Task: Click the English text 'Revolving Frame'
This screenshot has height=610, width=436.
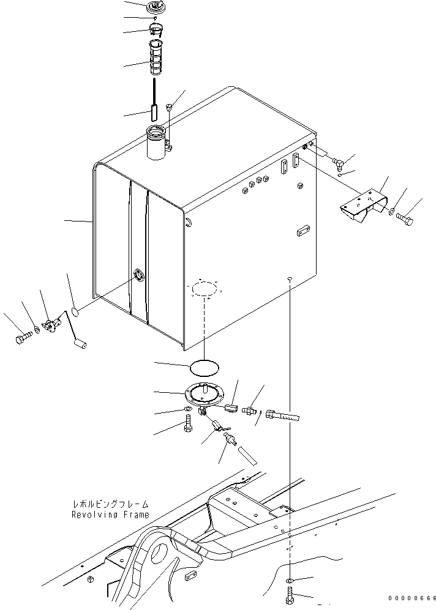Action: (110, 515)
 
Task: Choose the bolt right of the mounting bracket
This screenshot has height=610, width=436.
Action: (405, 216)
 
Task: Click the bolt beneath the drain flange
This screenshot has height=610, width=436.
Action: (187, 423)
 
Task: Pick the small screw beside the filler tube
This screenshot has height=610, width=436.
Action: (170, 108)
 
